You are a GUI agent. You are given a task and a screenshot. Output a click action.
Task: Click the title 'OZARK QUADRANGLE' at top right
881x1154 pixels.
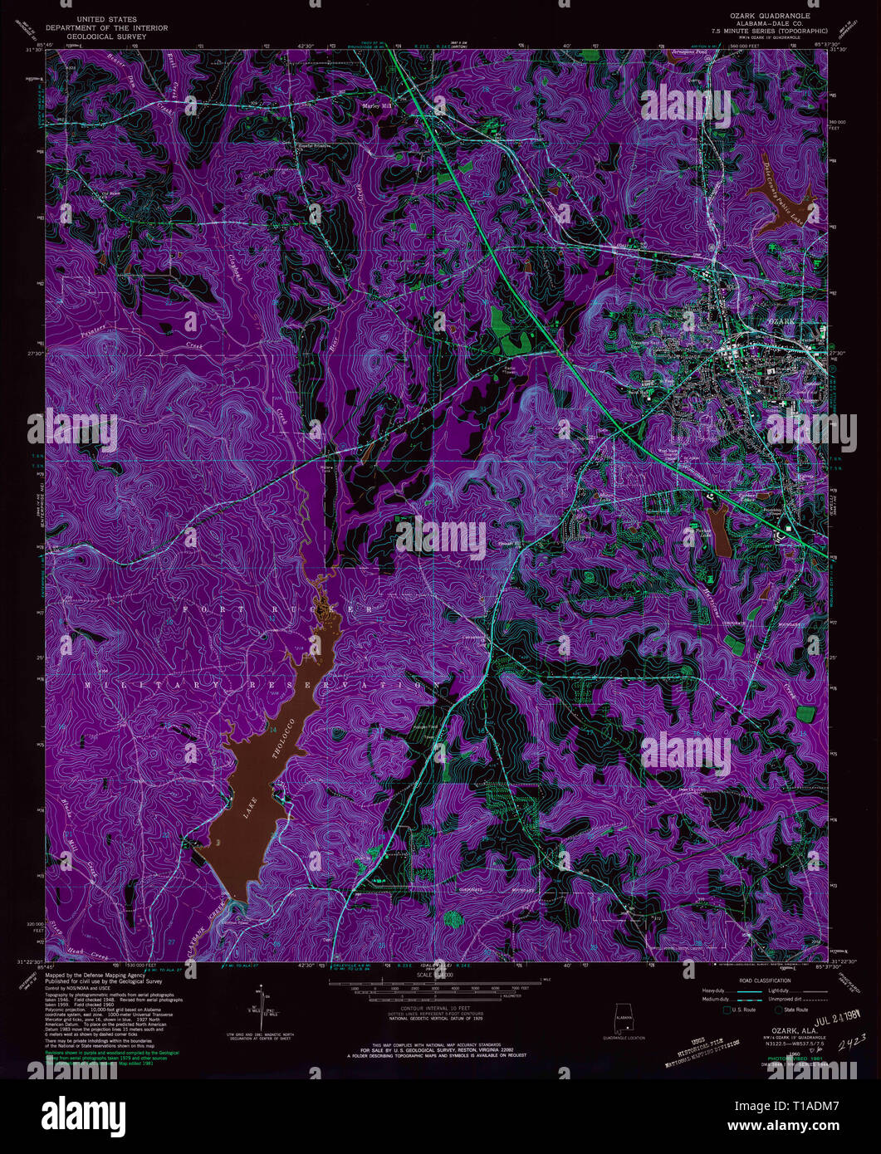771,16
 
